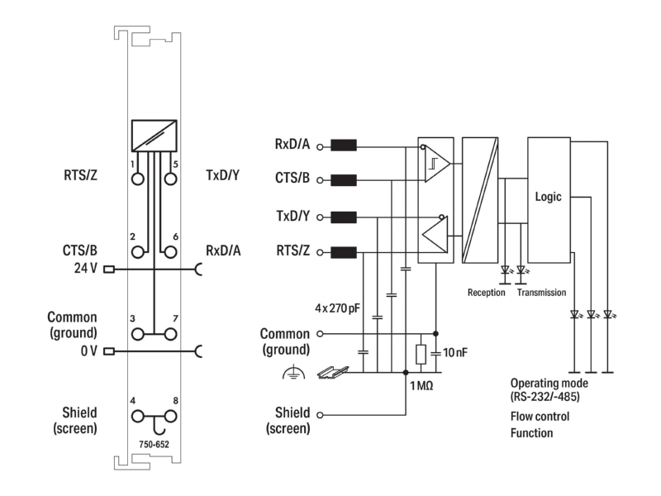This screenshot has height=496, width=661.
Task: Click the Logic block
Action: [549, 200]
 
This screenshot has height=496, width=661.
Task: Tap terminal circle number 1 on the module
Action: [137, 179]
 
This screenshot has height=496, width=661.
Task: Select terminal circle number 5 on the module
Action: [170, 179]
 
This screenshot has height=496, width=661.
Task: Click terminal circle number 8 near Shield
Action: [170, 417]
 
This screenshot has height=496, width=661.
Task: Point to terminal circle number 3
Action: [137, 335]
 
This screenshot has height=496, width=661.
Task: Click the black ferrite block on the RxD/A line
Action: [344, 146]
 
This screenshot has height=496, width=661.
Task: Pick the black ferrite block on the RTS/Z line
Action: [344, 253]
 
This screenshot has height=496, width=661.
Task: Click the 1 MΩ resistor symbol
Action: [421, 355]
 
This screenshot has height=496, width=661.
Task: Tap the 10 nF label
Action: [455, 352]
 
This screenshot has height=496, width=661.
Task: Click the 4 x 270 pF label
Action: [337, 308]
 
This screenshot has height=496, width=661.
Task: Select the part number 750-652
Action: [154, 444]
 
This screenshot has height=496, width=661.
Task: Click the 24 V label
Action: [86, 268]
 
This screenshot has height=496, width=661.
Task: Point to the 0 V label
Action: [89, 351]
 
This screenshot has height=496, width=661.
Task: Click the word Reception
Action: [486, 293]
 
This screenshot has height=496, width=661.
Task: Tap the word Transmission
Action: [542, 293]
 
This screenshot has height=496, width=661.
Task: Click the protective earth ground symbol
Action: [293, 373]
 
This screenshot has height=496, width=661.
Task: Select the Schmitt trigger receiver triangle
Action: [437, 164]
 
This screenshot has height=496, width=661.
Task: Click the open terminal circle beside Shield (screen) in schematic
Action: [320, 415]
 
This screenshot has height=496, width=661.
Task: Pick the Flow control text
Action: [540, 417]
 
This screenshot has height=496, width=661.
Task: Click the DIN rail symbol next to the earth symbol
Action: [333, 373]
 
